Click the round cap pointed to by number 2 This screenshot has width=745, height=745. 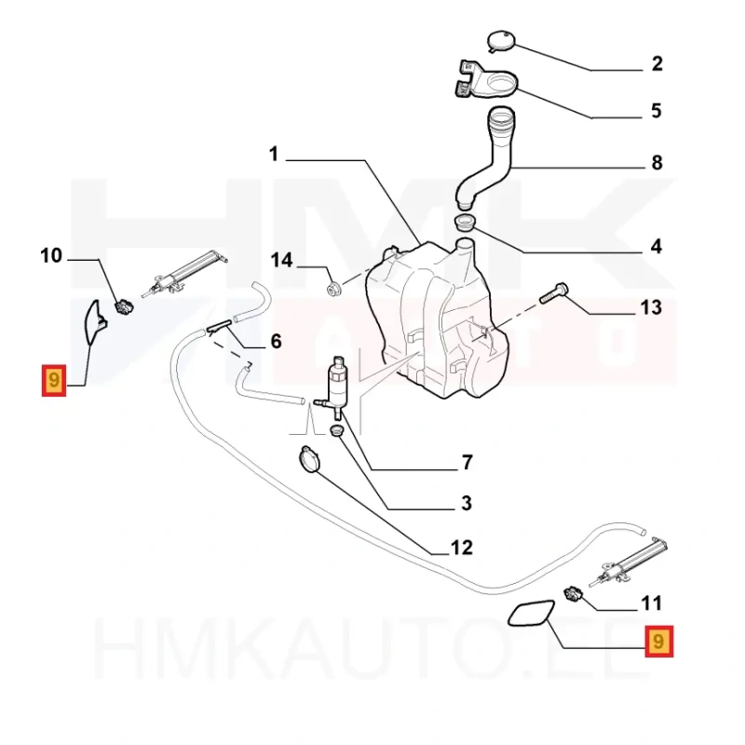[x=501, y=41]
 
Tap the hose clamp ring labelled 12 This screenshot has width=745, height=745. [x=309, y=459]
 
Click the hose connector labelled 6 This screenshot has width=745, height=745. [x=219, y=327]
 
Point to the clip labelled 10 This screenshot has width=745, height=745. [x=125, y=306]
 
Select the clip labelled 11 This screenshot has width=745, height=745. [x=573, y=594]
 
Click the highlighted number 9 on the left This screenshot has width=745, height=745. [x=54, y=381]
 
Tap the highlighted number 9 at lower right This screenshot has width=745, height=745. [x=658, y=642]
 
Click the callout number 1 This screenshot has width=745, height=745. [x=273, y=155]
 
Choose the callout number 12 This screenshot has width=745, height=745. [x=461, y=548]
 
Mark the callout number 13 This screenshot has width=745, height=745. [x=650, y=307]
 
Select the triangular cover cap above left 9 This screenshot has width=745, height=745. [x=96, y=322]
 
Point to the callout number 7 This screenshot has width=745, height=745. [x=467, y=462]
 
